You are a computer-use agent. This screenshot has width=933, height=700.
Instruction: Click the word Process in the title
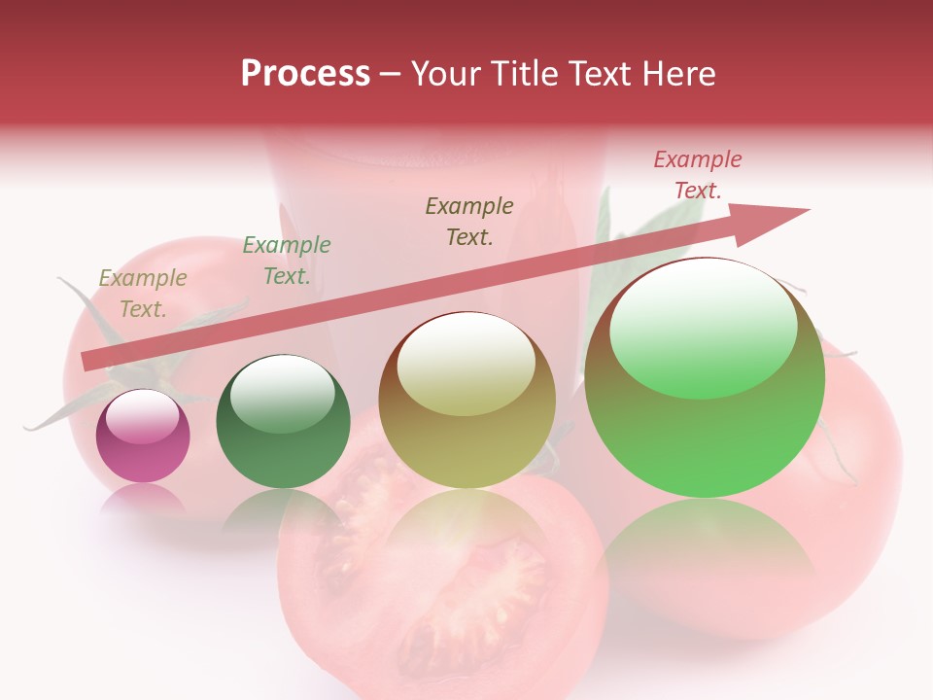click(305, 74)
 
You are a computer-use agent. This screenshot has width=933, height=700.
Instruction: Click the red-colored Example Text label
click(697, 175)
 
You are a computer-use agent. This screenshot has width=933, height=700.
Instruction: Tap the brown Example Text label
click(469, 221)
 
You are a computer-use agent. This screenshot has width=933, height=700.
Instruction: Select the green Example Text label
click(286, 261)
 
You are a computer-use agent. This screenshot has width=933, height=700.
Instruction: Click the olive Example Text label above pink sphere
click(143, 294)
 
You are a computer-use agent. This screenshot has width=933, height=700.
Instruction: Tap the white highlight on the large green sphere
click(703, 326)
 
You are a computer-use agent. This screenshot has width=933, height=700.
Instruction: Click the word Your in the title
click(445, 74)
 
